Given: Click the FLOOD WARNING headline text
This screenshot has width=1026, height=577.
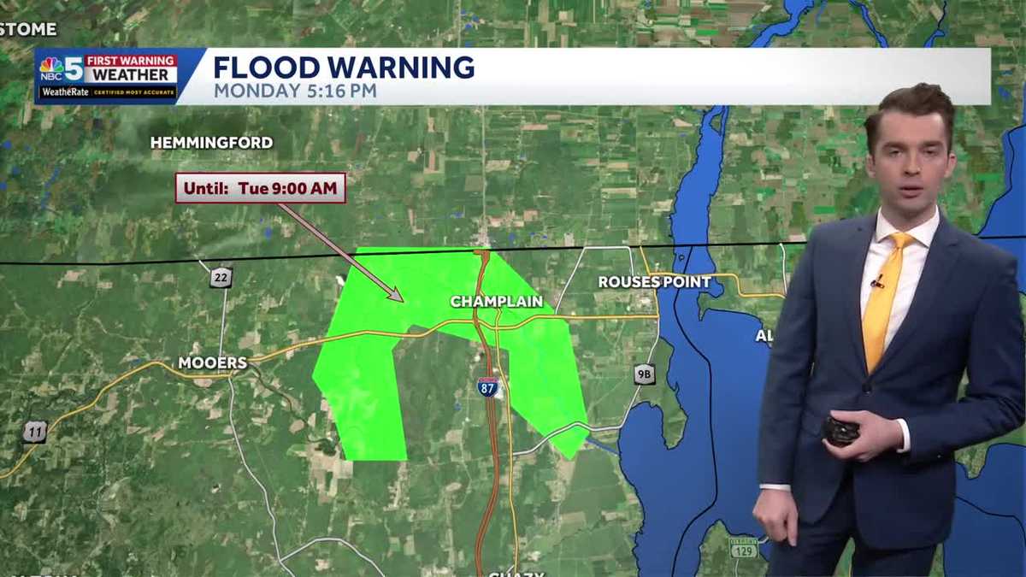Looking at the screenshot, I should pos(344,67).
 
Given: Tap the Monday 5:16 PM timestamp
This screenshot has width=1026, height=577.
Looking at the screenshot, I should pos(295,91).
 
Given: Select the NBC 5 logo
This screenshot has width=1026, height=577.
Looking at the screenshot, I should pos(62,68).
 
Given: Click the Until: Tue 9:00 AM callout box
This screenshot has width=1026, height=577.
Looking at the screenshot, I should pos(261,188).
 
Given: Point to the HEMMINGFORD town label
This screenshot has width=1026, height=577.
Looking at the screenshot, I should pos(211,143).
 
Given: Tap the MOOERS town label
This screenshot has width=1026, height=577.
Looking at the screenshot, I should pos(212,363).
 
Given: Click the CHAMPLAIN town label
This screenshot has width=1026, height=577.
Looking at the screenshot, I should pos(497,302).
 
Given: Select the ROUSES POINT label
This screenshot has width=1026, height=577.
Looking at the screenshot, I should pos(654,281).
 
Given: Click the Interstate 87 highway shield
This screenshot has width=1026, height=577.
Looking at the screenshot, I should pos(487,386).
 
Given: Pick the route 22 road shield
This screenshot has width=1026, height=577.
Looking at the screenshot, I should pos(221,277).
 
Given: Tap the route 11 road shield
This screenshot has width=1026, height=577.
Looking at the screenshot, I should pos(34,432).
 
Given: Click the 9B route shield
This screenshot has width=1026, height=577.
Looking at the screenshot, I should pos(645,374).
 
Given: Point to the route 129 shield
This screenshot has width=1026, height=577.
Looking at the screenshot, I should pos(743,547).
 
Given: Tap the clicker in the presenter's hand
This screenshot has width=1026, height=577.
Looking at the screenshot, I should pos(840,430).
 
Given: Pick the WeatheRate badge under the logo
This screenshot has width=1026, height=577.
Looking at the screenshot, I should pos(107,91).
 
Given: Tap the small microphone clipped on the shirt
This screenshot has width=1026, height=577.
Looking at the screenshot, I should pos(877,281).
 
